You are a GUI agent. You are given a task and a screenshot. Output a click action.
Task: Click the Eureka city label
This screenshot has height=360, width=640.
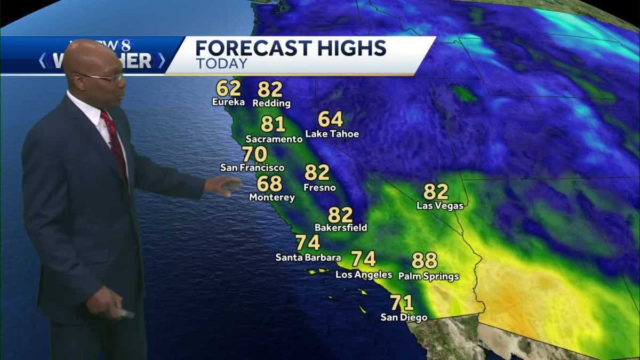[228, 102]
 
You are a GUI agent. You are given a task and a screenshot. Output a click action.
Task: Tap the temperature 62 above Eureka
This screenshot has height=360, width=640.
[228, 88]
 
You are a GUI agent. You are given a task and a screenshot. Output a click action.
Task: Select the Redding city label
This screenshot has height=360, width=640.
[271, 103]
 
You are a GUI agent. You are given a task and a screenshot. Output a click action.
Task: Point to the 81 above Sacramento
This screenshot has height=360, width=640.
[273, 124]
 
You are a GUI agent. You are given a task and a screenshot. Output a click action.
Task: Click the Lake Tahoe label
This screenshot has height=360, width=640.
[332, 134]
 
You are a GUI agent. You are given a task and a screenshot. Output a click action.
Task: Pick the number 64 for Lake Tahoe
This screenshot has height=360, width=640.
[331, 119]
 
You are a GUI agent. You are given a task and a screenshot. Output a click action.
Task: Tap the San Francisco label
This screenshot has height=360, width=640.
[252, 167]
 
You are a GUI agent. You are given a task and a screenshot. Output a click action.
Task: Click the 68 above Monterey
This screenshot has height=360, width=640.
[269, 183]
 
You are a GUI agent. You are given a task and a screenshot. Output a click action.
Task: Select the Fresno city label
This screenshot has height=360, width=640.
[319, 188]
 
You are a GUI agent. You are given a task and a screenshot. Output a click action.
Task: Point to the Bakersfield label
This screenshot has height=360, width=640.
[341, 228]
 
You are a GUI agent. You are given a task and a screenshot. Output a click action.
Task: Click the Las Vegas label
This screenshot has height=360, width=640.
[440, 205]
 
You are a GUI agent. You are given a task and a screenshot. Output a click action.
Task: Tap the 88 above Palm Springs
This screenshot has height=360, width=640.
[425, 261]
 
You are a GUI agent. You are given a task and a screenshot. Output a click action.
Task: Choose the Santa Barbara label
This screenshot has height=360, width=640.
[308, 258]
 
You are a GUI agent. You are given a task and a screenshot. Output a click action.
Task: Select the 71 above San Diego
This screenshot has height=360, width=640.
[402, 303]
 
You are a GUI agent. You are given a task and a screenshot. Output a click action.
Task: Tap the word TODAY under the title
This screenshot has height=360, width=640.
[221, 63]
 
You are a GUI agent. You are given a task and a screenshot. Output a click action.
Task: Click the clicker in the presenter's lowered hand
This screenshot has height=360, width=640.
[126, 313]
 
